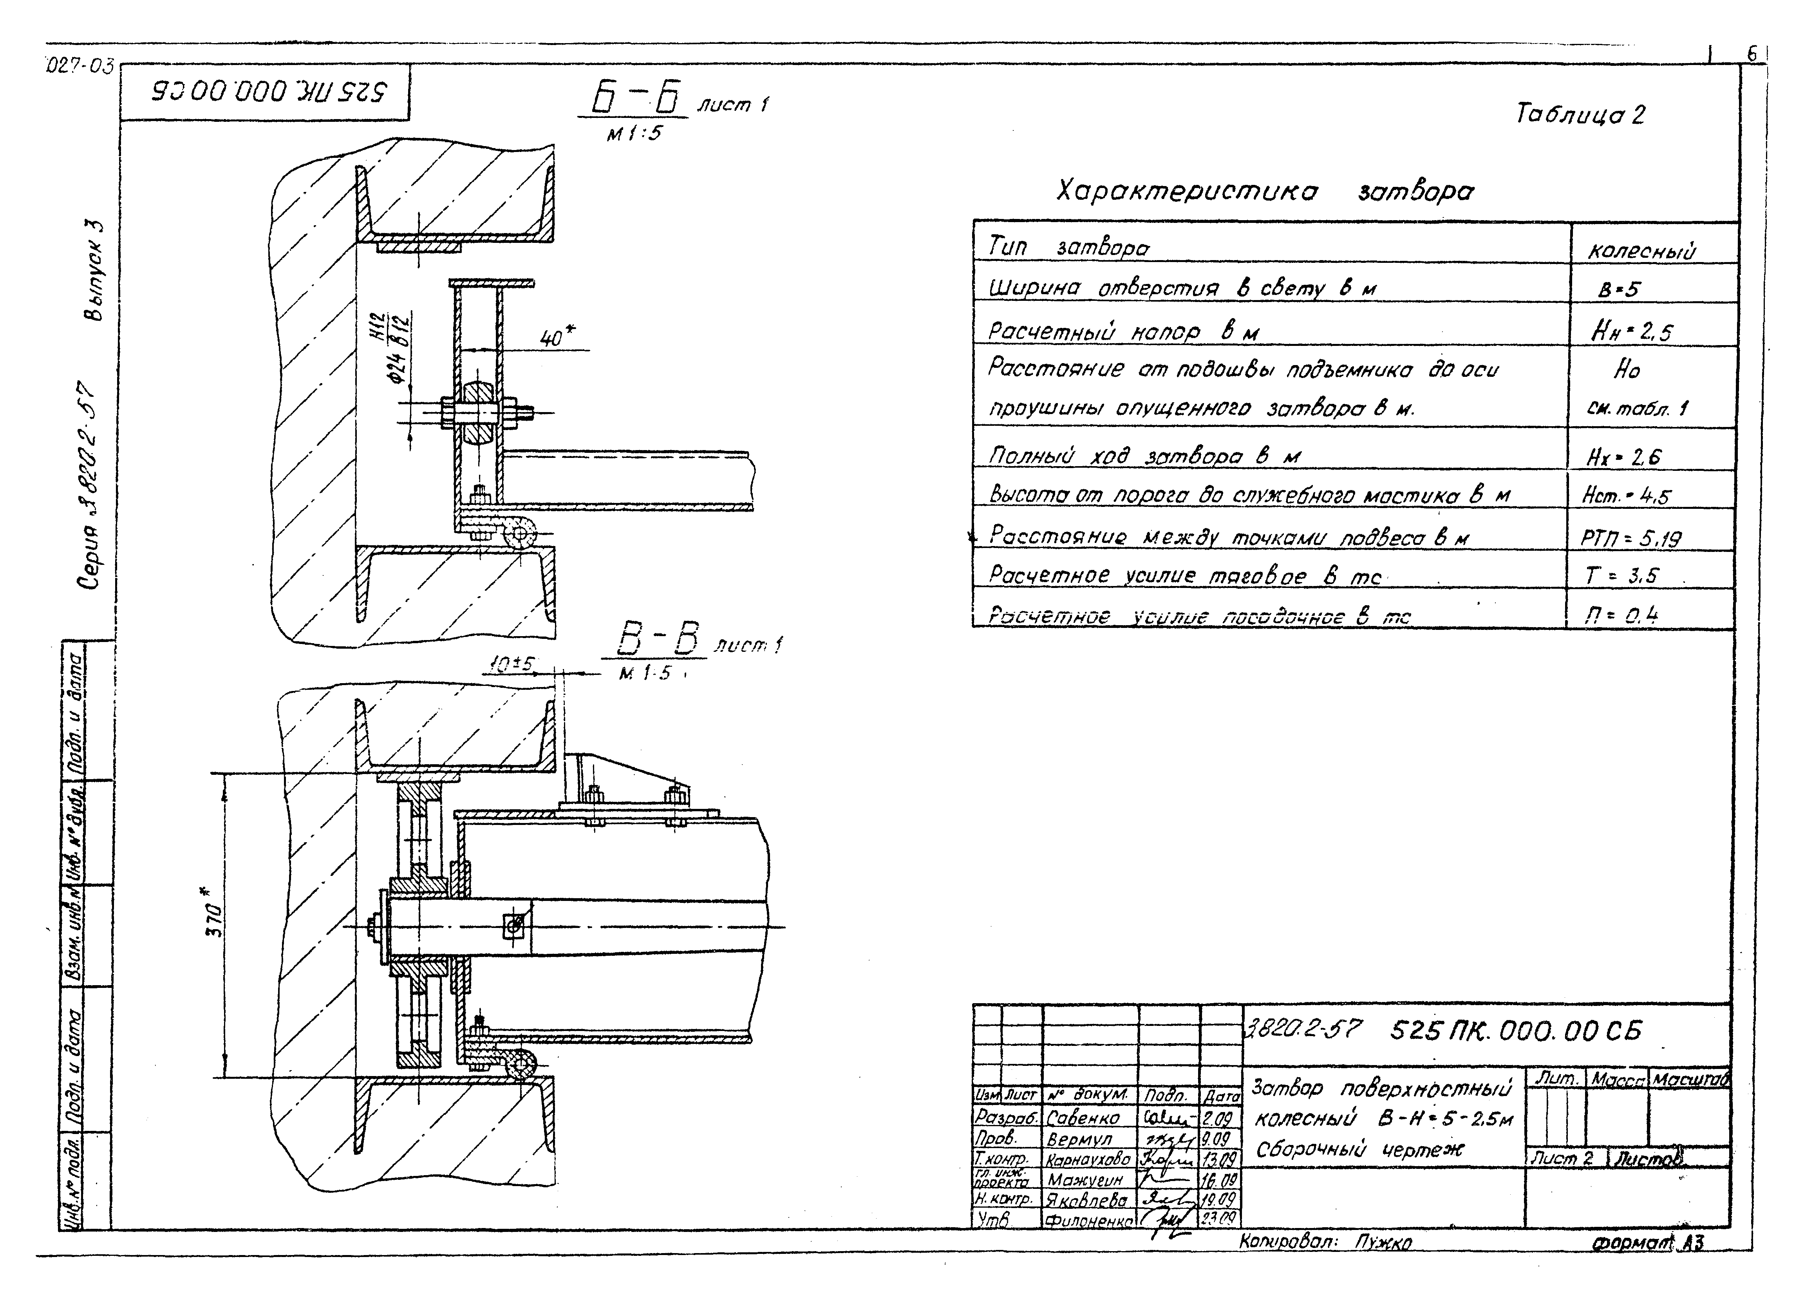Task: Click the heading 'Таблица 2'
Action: pos(1579,114)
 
